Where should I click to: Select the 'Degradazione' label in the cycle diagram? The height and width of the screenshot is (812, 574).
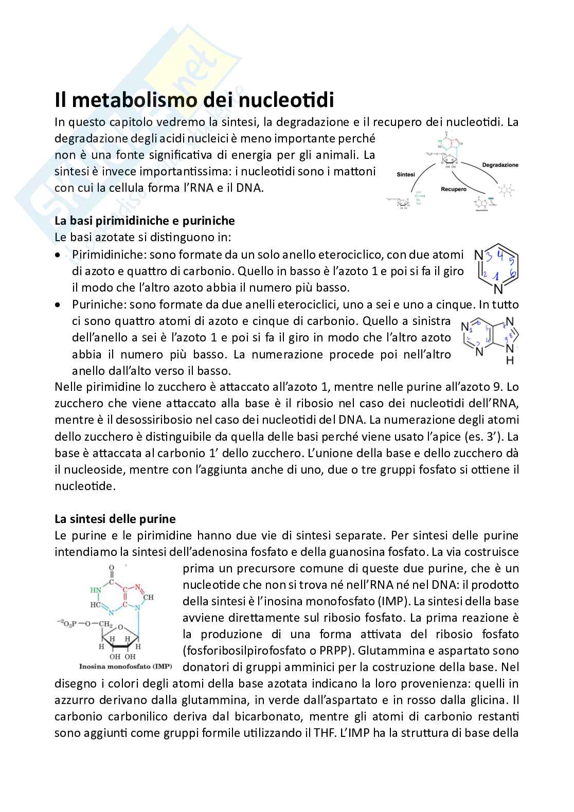[500, 165]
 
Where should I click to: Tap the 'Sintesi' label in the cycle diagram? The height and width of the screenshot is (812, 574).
[406, 175]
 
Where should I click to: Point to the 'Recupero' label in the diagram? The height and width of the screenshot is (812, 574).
[453, 189]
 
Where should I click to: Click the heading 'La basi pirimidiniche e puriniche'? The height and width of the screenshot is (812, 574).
[145, 221]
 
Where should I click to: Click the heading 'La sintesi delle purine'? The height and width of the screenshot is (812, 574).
[115, 518]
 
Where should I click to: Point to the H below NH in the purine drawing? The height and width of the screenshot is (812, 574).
[510, 361]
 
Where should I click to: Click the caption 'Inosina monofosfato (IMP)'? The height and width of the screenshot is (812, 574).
[125, 666]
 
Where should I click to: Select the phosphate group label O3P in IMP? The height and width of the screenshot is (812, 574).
[67, 624]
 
